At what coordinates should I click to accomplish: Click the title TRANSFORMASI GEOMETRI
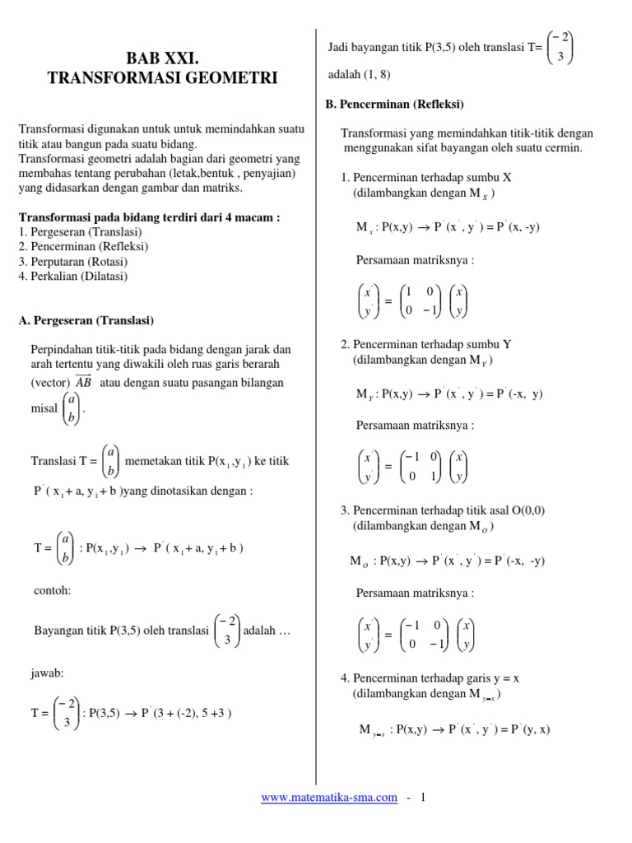coord(162,78)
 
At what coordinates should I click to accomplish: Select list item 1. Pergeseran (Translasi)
coord(80,232)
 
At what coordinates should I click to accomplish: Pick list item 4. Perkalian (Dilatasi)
coord(73,277)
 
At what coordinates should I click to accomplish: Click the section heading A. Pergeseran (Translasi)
coord(86,320)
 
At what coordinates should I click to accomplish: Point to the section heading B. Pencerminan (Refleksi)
coord(396,105)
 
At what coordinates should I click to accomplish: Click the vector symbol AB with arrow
coord(83,382)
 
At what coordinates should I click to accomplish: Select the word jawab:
coord(48,673)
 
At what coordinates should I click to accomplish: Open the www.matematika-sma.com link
coord(328,798)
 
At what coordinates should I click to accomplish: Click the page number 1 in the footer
coord(423,798)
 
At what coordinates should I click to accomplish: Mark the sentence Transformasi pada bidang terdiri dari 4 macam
coord(149,217)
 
